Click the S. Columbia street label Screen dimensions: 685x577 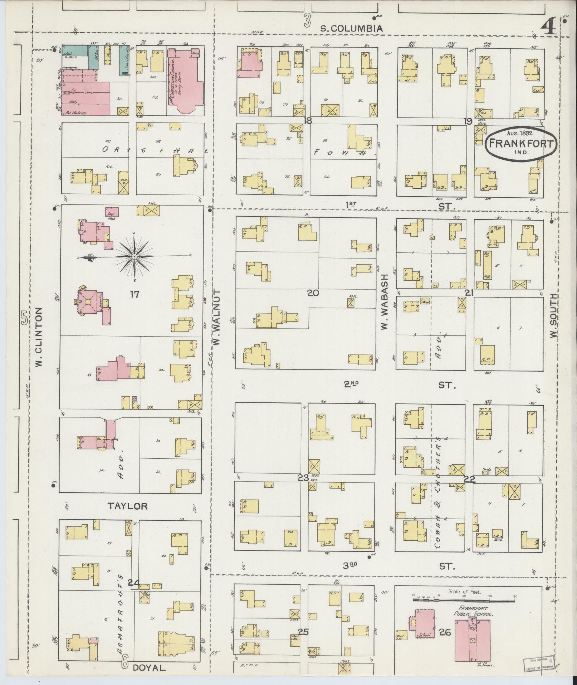click(351, 29)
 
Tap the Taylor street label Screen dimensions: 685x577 click(128, 506)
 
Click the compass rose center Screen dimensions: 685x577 click(134, 257)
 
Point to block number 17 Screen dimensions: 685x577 click(135, 294)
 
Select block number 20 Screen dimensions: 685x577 click(313, 293)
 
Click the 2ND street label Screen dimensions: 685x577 click(351, 384)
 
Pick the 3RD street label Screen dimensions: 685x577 click(351, 566)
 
